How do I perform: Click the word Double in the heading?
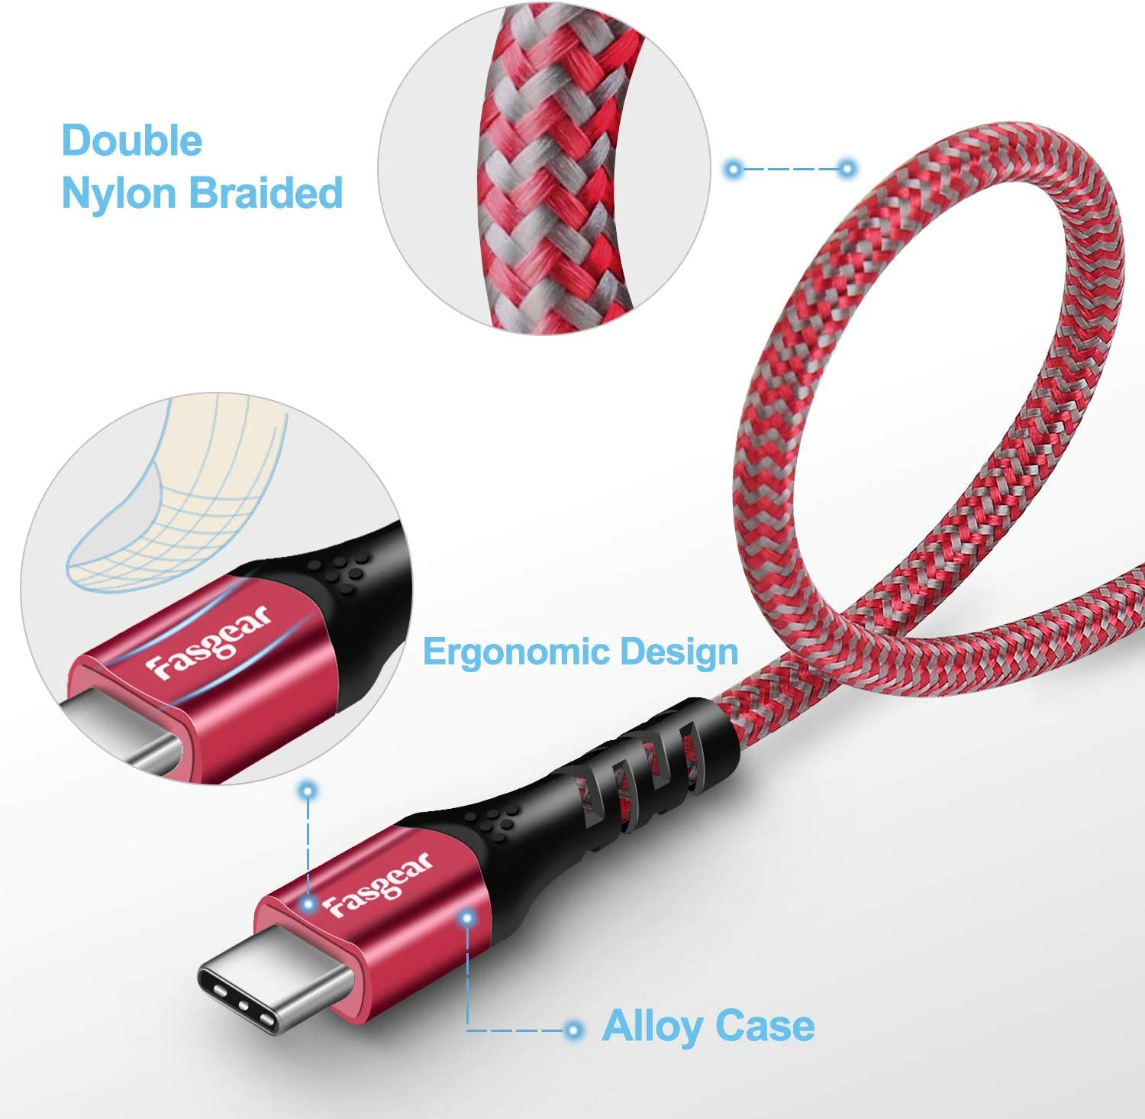coord(132,141)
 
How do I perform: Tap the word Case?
coord(766,1026)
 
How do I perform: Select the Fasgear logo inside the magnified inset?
coord(208,642)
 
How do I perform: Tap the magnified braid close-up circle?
coord(544,168)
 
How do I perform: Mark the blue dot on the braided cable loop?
coord(847,169)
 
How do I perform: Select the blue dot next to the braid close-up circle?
coord(734,169)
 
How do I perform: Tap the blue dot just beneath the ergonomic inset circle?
coord(308,791)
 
